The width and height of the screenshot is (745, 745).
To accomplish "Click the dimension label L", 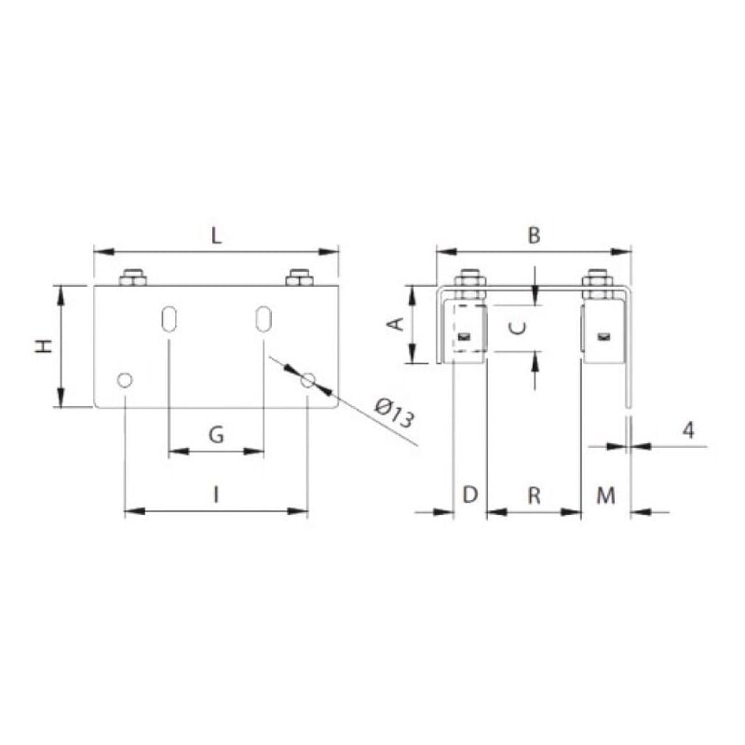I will (216, 236).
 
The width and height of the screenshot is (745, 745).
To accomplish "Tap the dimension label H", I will (43, 346).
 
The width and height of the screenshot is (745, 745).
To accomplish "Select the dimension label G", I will (215, 434).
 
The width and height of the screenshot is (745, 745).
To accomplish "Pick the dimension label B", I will (534, 236).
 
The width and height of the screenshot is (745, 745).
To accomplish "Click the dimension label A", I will (395, 324).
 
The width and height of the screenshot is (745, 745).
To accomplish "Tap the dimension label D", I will (469, 494).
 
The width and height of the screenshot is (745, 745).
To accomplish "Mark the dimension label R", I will (534, 494).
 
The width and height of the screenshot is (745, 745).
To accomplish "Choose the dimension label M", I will (606, 494).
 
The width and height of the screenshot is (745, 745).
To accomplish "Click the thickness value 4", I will (687, 430).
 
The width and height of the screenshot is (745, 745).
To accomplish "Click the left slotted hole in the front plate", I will (169, 318).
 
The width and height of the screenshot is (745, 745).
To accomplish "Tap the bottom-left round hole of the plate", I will (124, 380).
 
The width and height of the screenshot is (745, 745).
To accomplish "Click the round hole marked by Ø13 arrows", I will (308, 379).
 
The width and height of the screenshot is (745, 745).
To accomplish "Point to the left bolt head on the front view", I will (133, 278).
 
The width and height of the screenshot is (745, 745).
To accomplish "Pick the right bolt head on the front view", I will (299, 278).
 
